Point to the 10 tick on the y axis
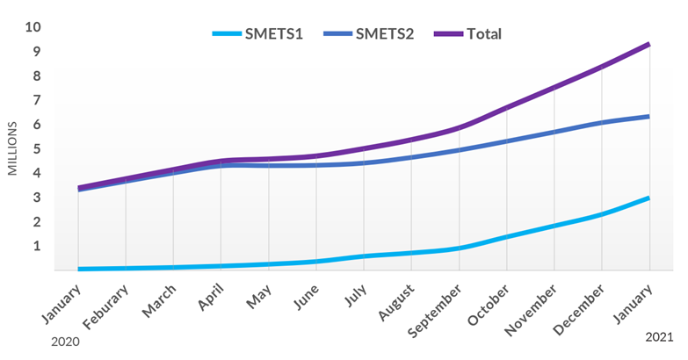click(33, 27)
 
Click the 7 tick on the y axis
click(36, 100)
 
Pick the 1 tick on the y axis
click(36, 246)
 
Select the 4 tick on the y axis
click(36, 173)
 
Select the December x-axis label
click(577, 307)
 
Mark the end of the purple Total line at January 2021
click(648, 44)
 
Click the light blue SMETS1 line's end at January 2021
click(648, 198)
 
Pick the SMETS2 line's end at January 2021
click(648, 116)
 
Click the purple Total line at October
click(506, 108)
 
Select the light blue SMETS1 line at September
click(459, 248)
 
